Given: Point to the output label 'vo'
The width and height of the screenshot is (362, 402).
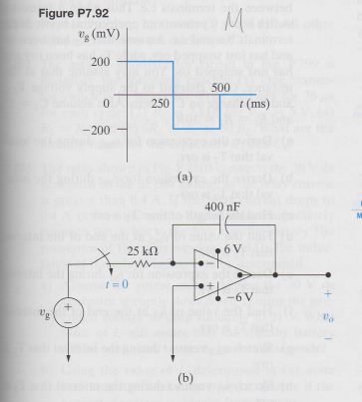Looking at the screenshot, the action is pyautogui.click(x=329, y=310).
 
